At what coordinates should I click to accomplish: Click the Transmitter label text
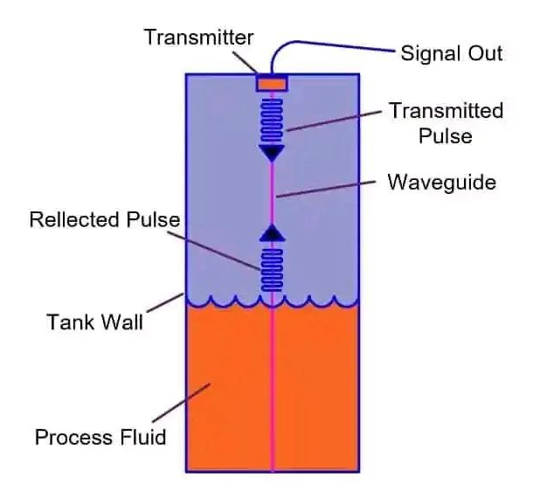(198, 38)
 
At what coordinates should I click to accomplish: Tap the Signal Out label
(451, 53)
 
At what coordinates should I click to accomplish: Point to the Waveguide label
(441, 183)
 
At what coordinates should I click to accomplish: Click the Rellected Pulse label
(104, 218)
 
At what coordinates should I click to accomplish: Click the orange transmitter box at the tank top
(272, 83)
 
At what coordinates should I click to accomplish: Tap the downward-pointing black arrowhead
(273, 154)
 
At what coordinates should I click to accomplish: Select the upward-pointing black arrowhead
(273, 232)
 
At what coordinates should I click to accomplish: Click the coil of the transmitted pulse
(273, 119)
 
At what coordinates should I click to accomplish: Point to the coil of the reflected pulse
(273, 267)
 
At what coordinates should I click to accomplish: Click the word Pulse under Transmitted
(446, 135)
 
